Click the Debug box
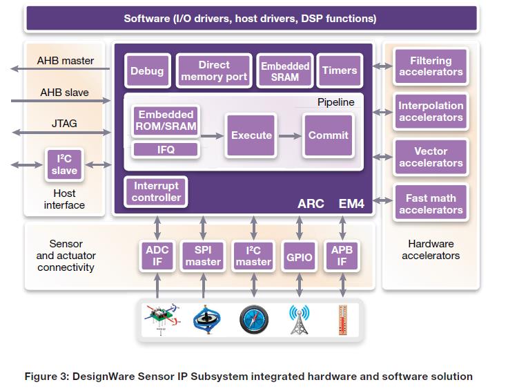(x=147, y=70)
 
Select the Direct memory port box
(x=214, y=70)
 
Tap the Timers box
(x=340, y=70)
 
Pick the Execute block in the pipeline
(x=251, y=135)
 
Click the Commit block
(x=328, y=135)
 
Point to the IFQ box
(x=166, y=149)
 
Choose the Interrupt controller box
(x=156, y=191)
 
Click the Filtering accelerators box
(x=431, y=66)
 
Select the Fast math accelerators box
(x=431, y=204)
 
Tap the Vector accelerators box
(x=431, y=158)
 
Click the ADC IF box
(x=158, y=256)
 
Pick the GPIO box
(x=299, y=257)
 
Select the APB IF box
(x=342, y=256)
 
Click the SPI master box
(x=203, y=256)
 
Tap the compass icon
(x=252, y=320)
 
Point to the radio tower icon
(x=299, y=320)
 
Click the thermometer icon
(x=342, y=320)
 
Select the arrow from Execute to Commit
(x=289, y=135)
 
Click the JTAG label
(x=63, y=123)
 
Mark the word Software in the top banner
(x=146, y=19)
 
